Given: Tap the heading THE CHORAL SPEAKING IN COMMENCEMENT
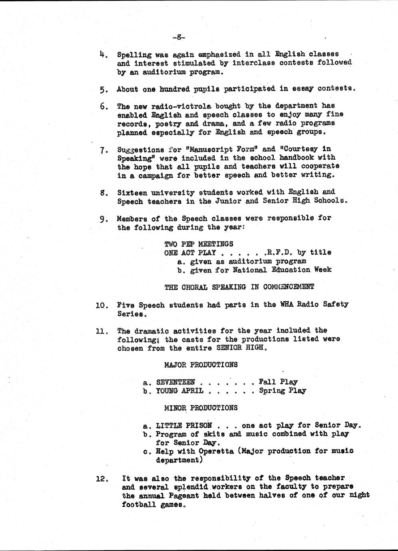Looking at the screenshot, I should click(239, 287).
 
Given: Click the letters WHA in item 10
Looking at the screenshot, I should click(287, 304).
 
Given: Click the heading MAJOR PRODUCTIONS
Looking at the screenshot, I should click(201, 365).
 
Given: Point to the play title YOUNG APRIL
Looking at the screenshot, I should click(179, 391).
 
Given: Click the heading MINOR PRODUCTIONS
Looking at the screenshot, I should click(201, 408).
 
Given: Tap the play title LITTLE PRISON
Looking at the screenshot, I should click(183, 425).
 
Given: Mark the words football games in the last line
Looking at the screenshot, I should click(153, 504).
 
